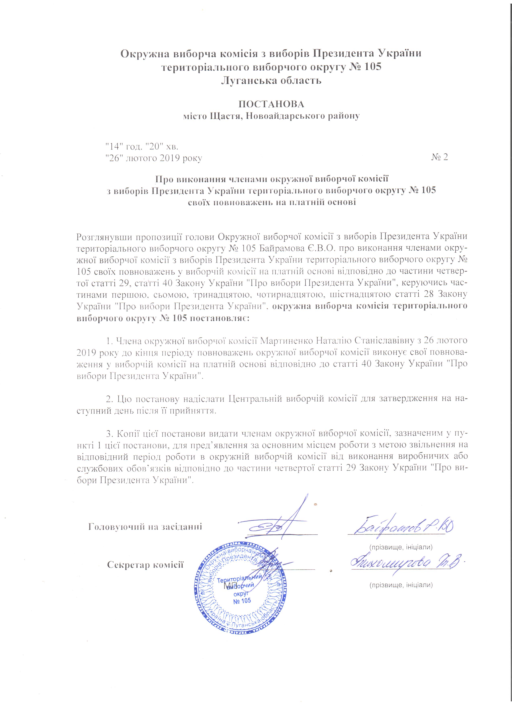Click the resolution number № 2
click(x=439, y=158)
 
